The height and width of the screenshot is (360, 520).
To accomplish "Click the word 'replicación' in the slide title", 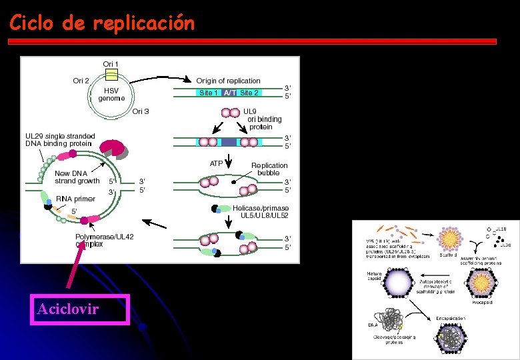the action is [144, 23].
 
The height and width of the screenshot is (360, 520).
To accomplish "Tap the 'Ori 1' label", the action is [111, 64].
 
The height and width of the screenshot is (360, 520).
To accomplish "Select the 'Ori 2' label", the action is [81, 81].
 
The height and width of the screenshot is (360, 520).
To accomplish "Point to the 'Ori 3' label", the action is [141, 111].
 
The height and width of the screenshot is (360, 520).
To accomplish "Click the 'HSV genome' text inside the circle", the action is [111, 94].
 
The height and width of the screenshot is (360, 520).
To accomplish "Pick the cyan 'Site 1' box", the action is [209, 93].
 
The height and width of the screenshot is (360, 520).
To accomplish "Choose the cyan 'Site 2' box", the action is [249, 93].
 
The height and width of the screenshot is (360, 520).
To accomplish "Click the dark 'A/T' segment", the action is [230, 93].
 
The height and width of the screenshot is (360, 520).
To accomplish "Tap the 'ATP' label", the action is [216, 163].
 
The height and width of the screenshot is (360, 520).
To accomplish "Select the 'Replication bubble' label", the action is [269, 169].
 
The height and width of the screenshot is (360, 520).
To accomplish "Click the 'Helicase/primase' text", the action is [261, 208].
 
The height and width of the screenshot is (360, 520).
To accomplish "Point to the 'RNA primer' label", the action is [75, 199].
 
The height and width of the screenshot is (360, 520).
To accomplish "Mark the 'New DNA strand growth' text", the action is [77, 177].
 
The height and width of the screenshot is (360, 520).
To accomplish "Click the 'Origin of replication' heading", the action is [228, 81].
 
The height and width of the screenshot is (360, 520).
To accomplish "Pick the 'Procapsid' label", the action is [483, 301].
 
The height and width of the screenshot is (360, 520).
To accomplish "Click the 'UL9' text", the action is [249, 111].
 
